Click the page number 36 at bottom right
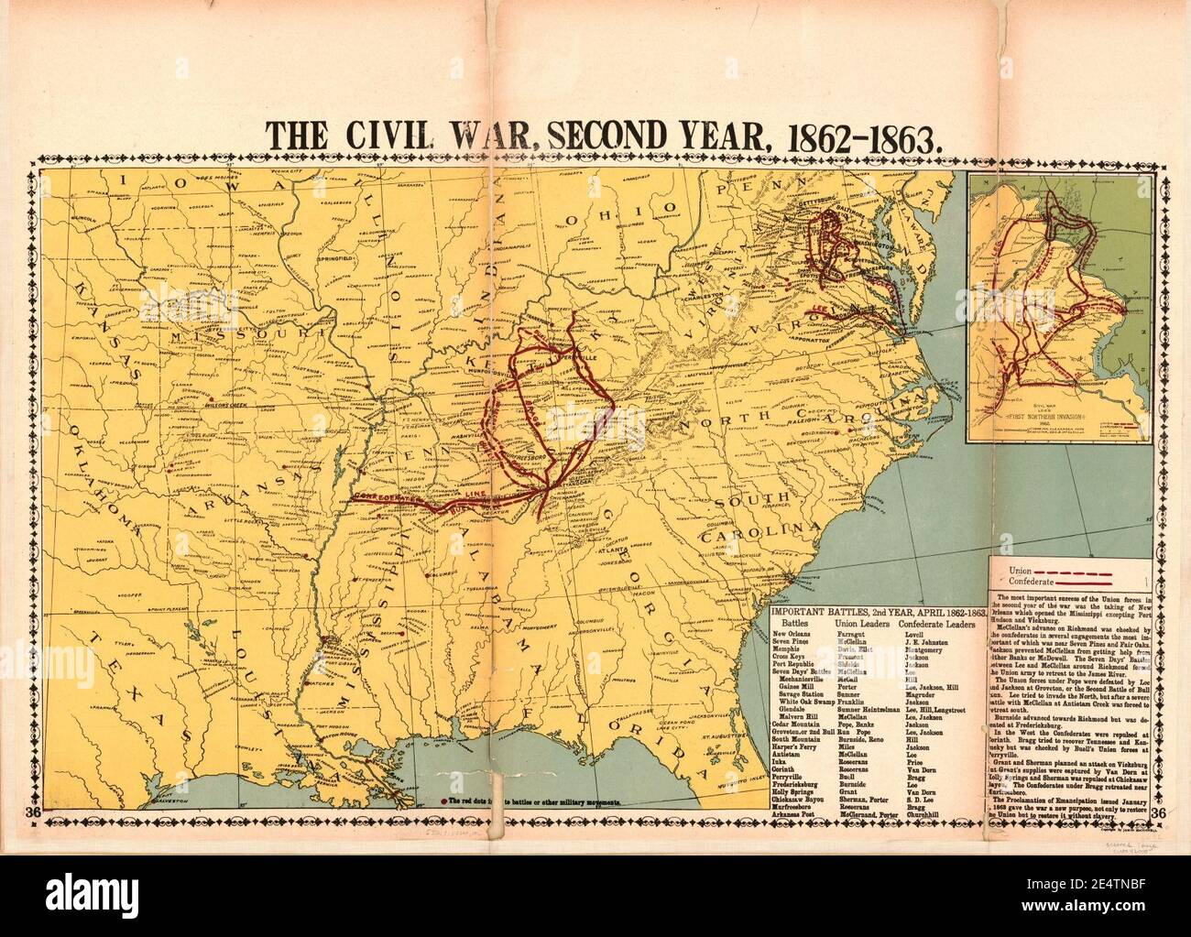(x=1159, y=812)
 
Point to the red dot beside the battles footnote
(x=445, y=801)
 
